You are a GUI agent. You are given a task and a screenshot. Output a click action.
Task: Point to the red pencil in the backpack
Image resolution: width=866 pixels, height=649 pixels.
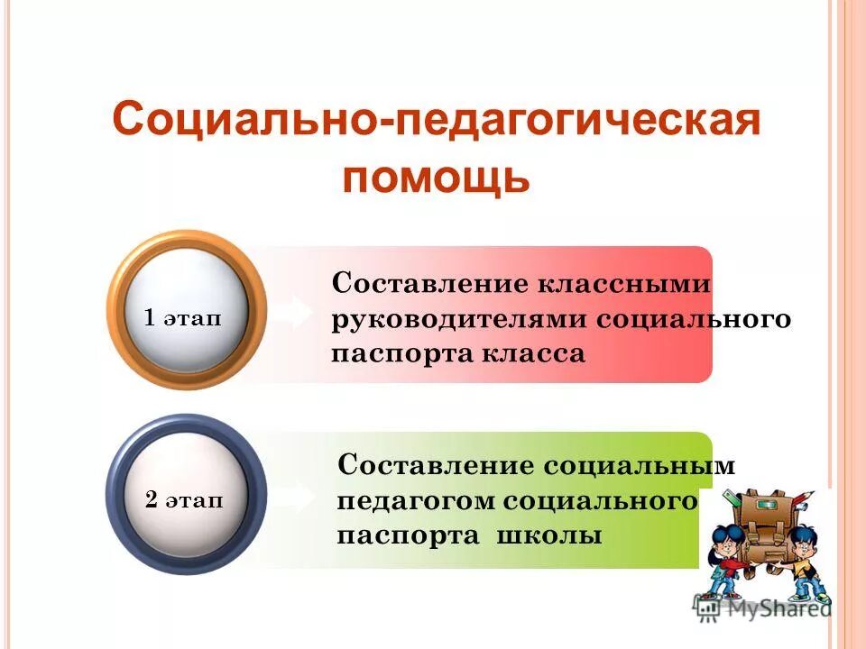coord(732,498)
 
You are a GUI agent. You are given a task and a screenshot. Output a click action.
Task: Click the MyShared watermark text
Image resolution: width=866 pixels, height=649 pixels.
coord(775,608)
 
